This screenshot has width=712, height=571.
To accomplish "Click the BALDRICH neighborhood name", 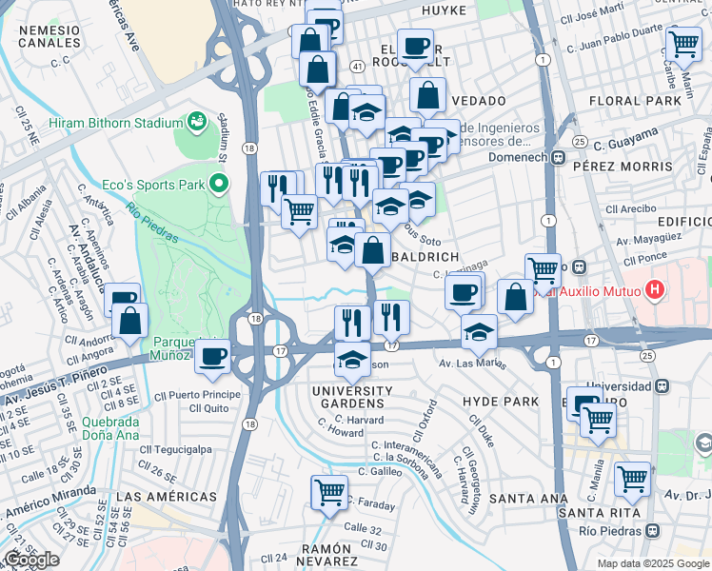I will tap(425, 258).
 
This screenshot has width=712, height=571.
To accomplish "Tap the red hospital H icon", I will tap(654, 288).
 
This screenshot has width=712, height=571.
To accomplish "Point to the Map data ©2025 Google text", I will tap(652, 563).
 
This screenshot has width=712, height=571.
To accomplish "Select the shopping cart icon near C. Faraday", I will tap(328, 493).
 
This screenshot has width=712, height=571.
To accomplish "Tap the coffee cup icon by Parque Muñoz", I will tap(211, 356).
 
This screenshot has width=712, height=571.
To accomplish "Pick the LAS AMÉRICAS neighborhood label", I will tap(166, 497).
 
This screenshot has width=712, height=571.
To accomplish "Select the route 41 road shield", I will tap(355, 67).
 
